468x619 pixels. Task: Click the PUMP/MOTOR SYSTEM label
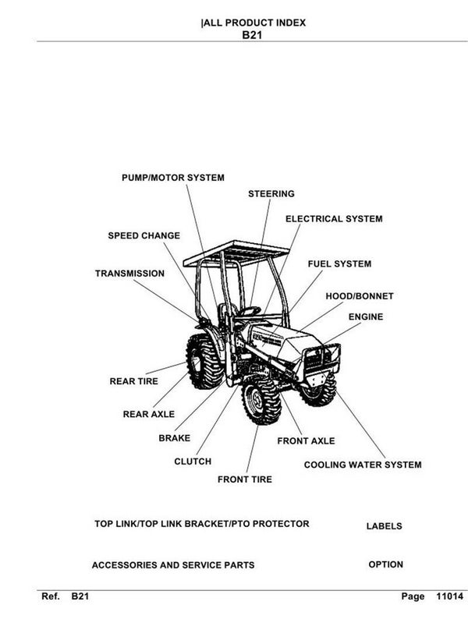click(172, 178)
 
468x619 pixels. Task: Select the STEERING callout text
click(271, 193)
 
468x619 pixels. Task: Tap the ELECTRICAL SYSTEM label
click(333, 219)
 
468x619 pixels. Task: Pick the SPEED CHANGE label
click(144, 235)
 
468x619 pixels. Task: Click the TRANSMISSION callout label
click(129, 274)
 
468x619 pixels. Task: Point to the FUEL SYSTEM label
click(339, 264)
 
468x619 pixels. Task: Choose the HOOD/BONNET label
click(359, 296)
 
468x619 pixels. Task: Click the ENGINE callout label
click(366, 317)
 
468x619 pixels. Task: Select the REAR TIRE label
click(133, 382)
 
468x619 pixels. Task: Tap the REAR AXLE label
click(148, 414)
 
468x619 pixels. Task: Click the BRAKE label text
click(174, 438)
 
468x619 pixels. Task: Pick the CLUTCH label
click(192, 462)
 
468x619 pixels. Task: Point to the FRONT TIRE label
click(244, 479)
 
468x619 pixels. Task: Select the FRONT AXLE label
click(306, 440)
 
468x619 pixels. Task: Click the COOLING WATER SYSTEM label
click(362, 465)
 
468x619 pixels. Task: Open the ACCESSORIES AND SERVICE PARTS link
click(172, 564)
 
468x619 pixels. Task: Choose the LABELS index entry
click(384, 526)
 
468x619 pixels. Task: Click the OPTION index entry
click(385, 564)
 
